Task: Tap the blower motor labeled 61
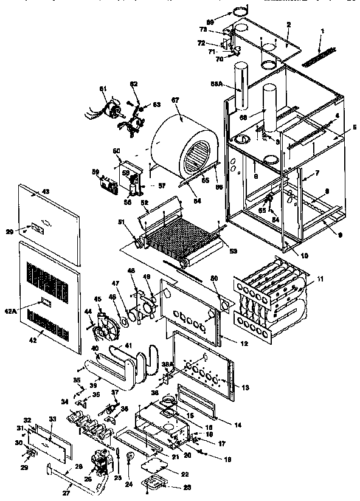point(109,112)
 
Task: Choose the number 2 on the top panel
point(288,24)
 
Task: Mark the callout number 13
point(246,387)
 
